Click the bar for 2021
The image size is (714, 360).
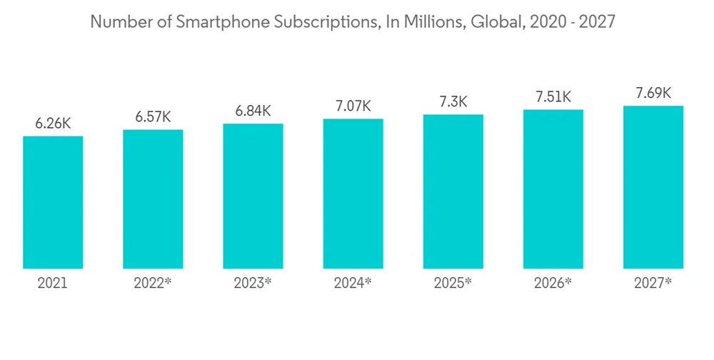pyautogui.click(x=53, y=202)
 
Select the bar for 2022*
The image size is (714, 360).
pyautogui.click(x=153, y=199)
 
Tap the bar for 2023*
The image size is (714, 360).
pyautogui.click(x=253, y=196)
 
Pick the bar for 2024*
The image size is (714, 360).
pyautogui.click(x=353, y=194)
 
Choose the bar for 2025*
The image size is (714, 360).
pyautogui.click(x=453, y=191)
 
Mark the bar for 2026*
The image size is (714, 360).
pyautogui.click(x=553, y=189)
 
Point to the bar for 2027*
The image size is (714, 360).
pyautogui.click(x=653, y=187)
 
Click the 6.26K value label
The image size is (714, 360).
pyautogui.click(x=53, y=123)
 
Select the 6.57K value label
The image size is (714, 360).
pyautogui.click(x=153, y=116)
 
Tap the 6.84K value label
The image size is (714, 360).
pyautogui.click(x=253, y=111)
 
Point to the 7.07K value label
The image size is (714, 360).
pyautogui.click(x=353, y=106)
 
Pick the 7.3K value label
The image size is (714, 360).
pyautogui.click(x=453, y=101)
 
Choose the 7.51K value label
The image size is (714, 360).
pyautogui.click(x=553, y=96)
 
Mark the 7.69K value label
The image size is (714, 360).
pyautogui.click(x=653, y=93)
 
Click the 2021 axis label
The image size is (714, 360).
pyautogui.click(x=53, y=283)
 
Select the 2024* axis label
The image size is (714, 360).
pyautogui.click(x=353, y=283)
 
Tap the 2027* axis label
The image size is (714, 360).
pyautogui.click(x=653, y=283)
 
